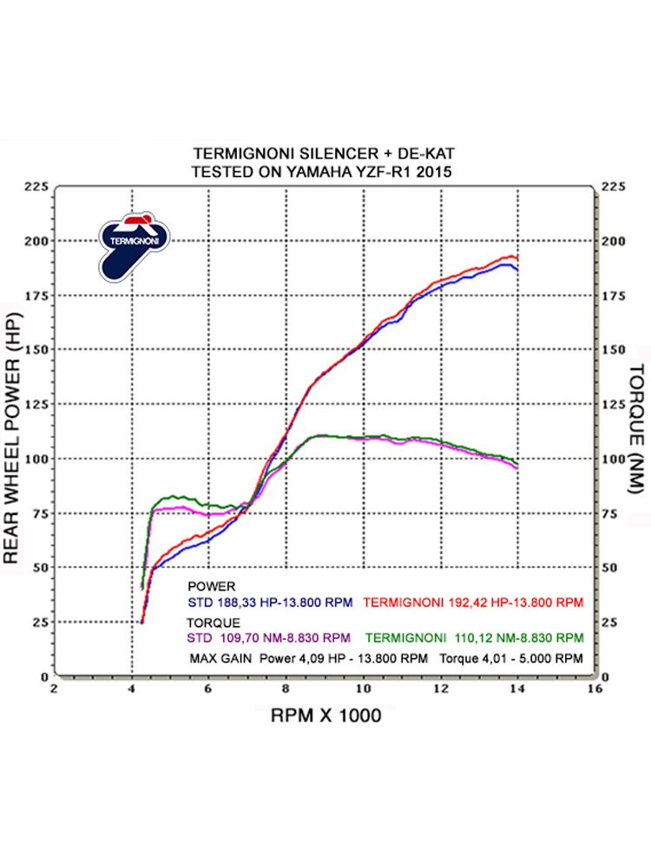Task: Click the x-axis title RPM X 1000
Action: point(325,717)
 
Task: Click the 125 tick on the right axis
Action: point(613,404)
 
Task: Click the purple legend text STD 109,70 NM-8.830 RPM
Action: point(270,638)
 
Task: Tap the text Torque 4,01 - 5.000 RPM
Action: point(511,658)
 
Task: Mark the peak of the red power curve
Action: point(510,257)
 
